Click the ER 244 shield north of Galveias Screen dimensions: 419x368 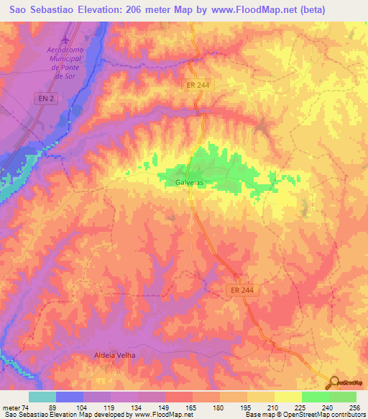pos(197,85)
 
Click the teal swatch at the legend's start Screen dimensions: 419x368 pos(42,397)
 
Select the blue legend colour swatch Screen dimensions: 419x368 pos(70,397)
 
